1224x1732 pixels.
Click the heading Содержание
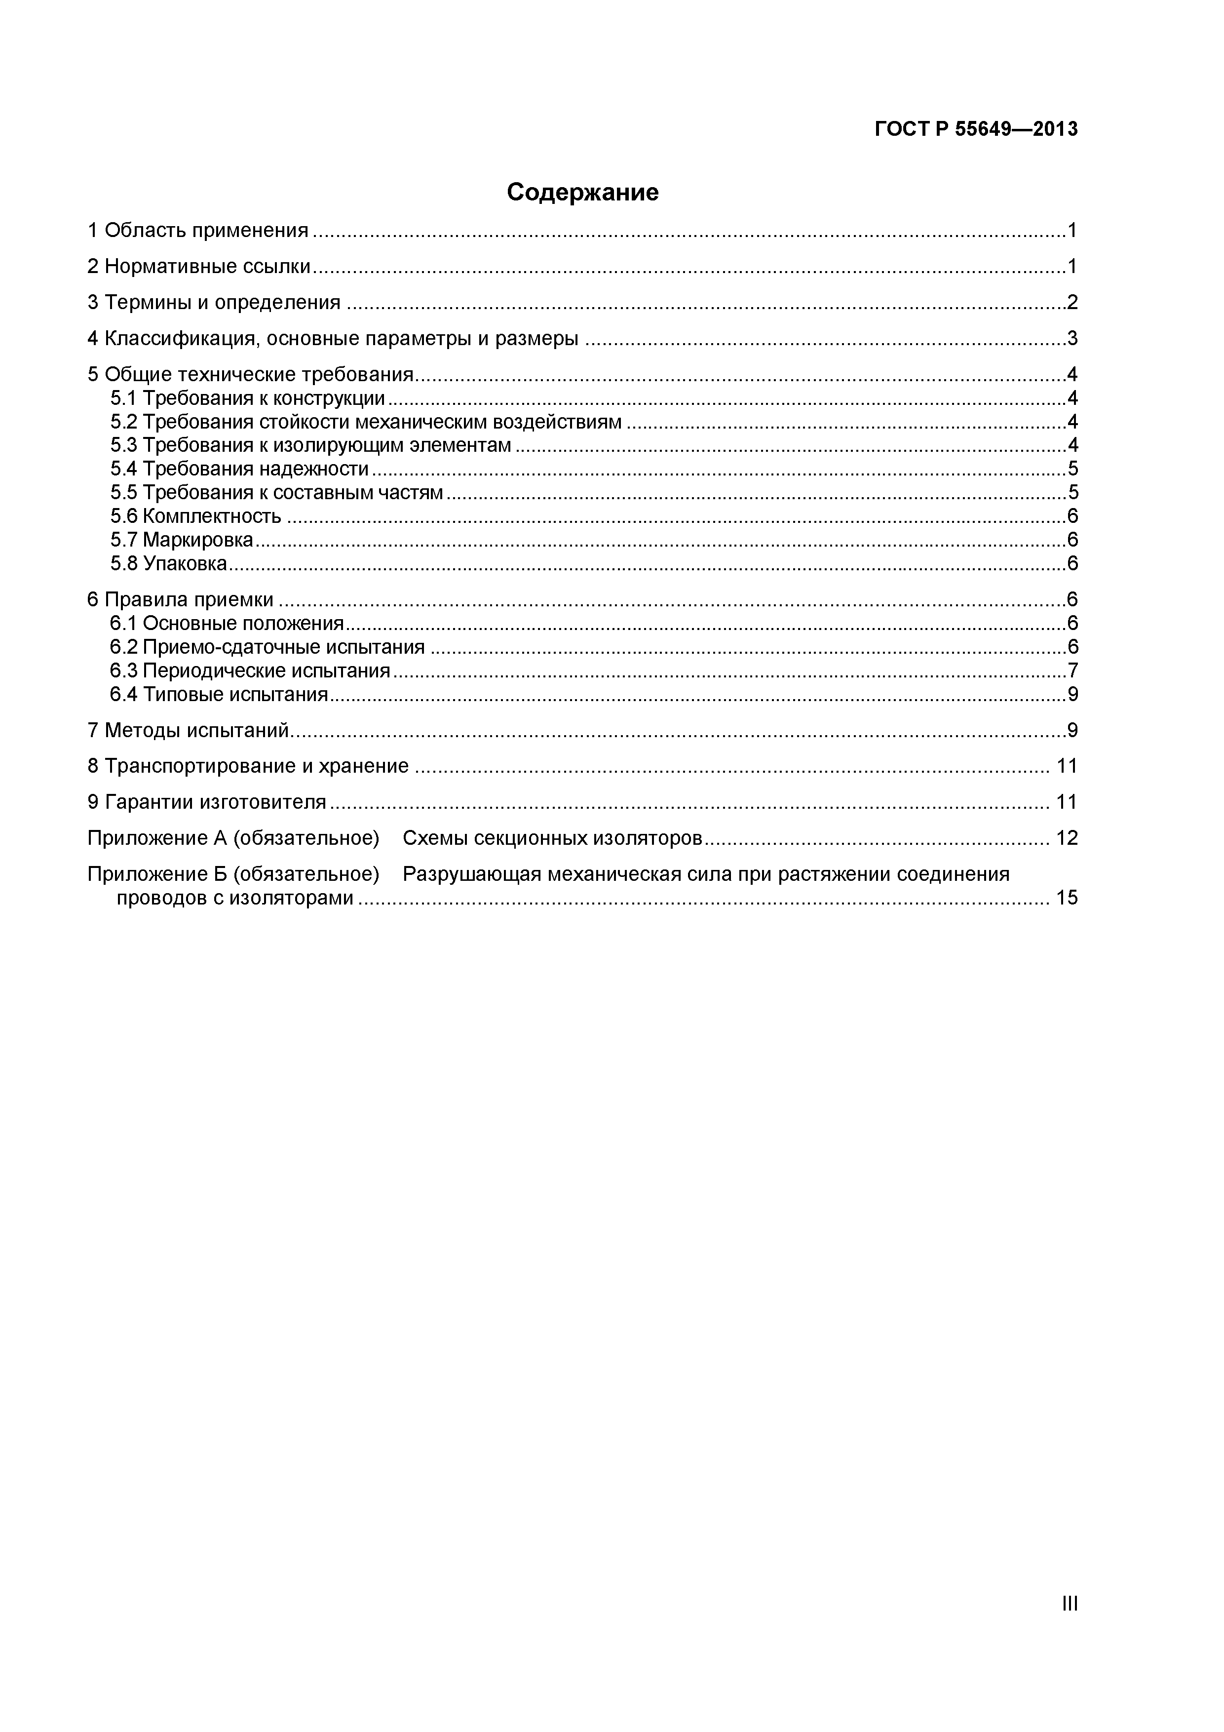[x=582, y=193]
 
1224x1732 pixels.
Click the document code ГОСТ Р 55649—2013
[x=976, y=130]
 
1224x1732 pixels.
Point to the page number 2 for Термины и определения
[x=1071, y=303]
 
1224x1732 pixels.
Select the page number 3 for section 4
[x=1071, y=339]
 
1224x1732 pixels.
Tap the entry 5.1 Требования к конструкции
[x=247, y=398]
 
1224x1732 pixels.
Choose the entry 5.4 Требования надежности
[x=239, y=469]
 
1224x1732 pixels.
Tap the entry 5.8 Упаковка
[x=168, y=563]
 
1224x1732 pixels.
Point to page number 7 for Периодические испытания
[x=1071, y=670]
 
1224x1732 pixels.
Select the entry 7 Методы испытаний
[x=189, y=730]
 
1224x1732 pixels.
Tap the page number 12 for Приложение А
[x=1067, y=838]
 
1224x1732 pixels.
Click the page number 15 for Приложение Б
[x=1067, y=898]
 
